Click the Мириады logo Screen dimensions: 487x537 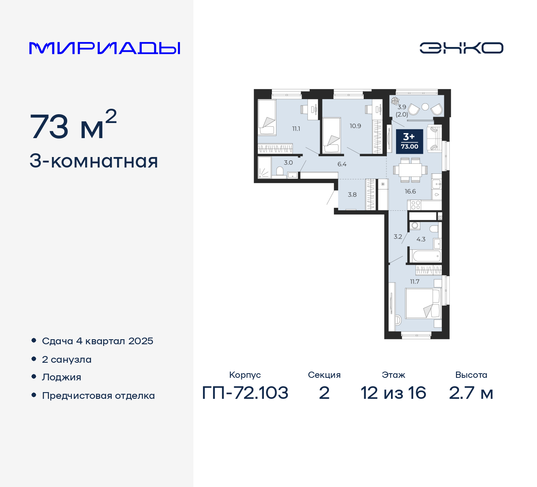coord(105,48)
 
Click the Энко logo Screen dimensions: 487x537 coord(461,48)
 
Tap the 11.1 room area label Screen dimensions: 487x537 coord(296,129)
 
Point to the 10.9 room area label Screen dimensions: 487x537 coord(355,126)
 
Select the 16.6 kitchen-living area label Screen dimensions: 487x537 coord(410,191)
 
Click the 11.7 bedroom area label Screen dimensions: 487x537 coord(414,282)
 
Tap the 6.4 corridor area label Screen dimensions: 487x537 coord(342,164)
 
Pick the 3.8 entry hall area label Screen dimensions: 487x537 coord(352,194)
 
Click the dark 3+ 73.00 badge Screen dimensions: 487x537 coord(409,141)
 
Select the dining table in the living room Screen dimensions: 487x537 coord(410,170)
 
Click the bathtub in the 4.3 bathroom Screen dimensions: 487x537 coord(426,256)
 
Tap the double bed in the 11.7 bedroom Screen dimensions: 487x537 coord(422,303)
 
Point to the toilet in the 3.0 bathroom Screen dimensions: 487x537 coord(280,171)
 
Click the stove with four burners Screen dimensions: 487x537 coord(415,205)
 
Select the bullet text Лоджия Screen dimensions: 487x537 coord(62,377)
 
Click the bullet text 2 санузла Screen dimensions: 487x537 coord(67,360)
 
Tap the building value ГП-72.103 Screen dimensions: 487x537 coord(245,393)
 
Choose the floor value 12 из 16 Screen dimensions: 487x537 coord(393,393)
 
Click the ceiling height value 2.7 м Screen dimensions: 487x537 coord(471,393)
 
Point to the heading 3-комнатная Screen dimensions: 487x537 coord(94,161)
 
